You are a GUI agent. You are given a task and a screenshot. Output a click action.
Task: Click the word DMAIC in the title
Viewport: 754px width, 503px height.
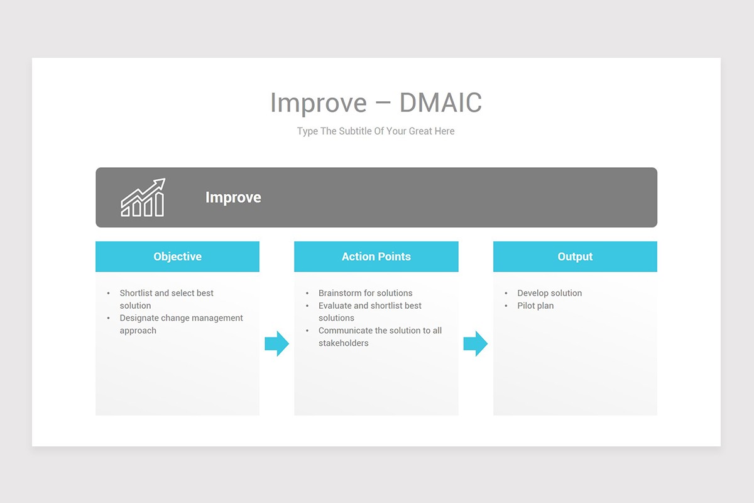click(x=440, y=103)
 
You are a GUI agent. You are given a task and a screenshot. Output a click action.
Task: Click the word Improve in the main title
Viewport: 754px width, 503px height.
click(x=318, y=103)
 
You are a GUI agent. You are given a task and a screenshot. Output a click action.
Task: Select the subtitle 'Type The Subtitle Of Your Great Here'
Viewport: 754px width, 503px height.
click(x=376, y=131)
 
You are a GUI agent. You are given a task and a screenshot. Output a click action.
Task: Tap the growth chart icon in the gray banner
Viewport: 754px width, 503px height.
click(x=143, y=197)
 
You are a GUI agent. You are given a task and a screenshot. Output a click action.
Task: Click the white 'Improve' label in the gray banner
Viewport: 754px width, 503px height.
click(x=233, y=197)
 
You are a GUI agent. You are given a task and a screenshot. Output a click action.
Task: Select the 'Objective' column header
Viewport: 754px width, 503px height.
click(x=177, y=257)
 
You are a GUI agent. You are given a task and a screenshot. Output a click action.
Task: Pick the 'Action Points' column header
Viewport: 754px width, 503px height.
click(x=376, y=257)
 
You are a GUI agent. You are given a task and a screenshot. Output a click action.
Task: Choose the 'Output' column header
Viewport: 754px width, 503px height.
click(x=575, y=257)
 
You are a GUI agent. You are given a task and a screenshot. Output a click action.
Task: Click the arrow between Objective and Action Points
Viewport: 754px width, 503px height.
click(x=276, y=344)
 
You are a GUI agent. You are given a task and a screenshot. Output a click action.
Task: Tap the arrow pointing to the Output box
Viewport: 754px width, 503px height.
click(x=475, y=344)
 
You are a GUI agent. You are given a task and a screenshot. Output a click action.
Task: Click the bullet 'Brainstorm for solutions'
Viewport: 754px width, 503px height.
click(x=365, y=293)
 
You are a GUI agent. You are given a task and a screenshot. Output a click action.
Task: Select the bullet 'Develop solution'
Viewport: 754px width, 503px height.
click(x=549, y=293)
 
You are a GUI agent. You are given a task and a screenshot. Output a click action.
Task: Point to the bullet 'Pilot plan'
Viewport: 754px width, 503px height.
click(x=535, y=306)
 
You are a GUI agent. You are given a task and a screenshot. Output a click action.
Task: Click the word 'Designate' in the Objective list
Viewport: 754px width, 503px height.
click(x=139, y=318)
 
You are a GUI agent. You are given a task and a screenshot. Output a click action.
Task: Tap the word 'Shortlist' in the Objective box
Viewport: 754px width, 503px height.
click(x=136, y=293)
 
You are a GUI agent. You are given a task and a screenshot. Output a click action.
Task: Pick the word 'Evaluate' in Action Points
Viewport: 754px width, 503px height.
click(x=335, y=306)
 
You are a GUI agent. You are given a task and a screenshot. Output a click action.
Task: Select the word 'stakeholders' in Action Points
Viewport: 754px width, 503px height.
click(x=343, y=343)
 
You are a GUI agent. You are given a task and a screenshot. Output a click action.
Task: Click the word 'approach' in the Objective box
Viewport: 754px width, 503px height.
click(x=138, y=331)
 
